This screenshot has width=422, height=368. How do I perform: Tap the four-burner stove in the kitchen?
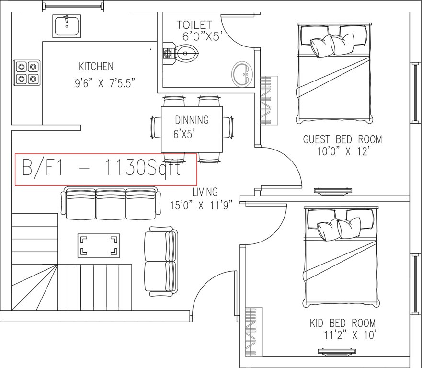click(x=26, y=72)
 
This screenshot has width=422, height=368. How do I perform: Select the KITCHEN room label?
click(x=96, y=67)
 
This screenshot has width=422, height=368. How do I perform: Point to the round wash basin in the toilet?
click(x=243, y=74)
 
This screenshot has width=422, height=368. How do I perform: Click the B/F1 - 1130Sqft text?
click(x=102, y=169)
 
